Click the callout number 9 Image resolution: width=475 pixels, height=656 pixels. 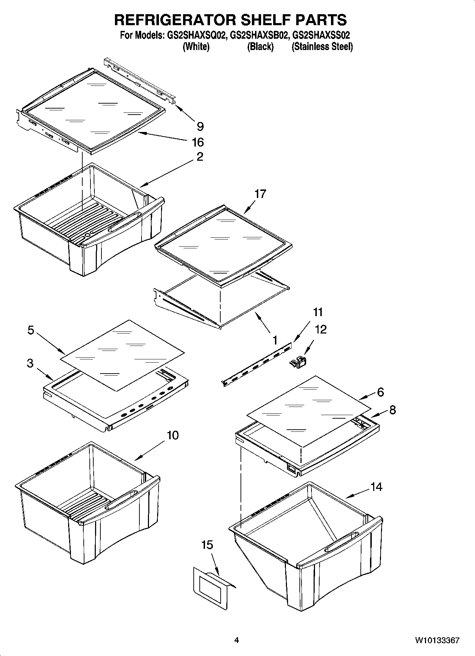tap(200, 126)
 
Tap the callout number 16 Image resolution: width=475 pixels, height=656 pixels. tap(198, 142)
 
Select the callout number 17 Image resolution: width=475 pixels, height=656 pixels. tap(260, 194)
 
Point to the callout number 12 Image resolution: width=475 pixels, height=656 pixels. tap(320, 329)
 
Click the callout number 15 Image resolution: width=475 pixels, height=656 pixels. tap(207, 545)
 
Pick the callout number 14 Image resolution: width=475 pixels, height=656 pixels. tap(376, 487)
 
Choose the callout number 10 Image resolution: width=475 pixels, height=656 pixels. tap(173, 435)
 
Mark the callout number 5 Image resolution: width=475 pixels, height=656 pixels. tap(31, 330)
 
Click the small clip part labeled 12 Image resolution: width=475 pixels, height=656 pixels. tap(298, 363)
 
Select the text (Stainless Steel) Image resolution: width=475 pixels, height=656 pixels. tap(322, 46)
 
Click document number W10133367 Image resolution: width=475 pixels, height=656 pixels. tap(437, 640)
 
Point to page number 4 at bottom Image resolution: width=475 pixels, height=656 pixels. tap(237, 640)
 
